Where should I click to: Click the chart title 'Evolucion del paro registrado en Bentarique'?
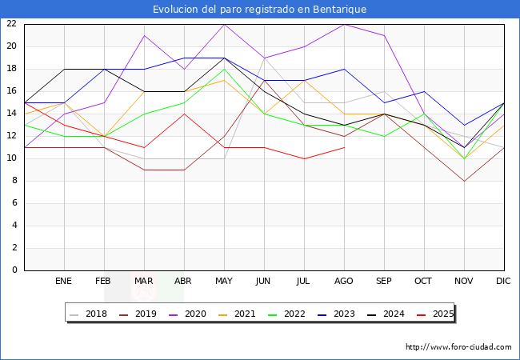pos(260,9)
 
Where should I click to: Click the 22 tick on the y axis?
pos(11,23)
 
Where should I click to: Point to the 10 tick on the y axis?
pos(11,158)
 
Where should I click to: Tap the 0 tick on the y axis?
pos(14,270)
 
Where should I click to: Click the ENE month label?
pos(64,282)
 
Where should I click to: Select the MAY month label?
pos(224,282)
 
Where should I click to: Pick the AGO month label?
pos(344,282)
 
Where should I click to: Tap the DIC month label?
pos(503,282)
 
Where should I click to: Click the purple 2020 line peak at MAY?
pos(224,23)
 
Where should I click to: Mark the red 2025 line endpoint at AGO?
pos(344,146)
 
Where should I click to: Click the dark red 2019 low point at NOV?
pos(464,180)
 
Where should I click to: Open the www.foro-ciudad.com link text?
pos(458,346)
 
